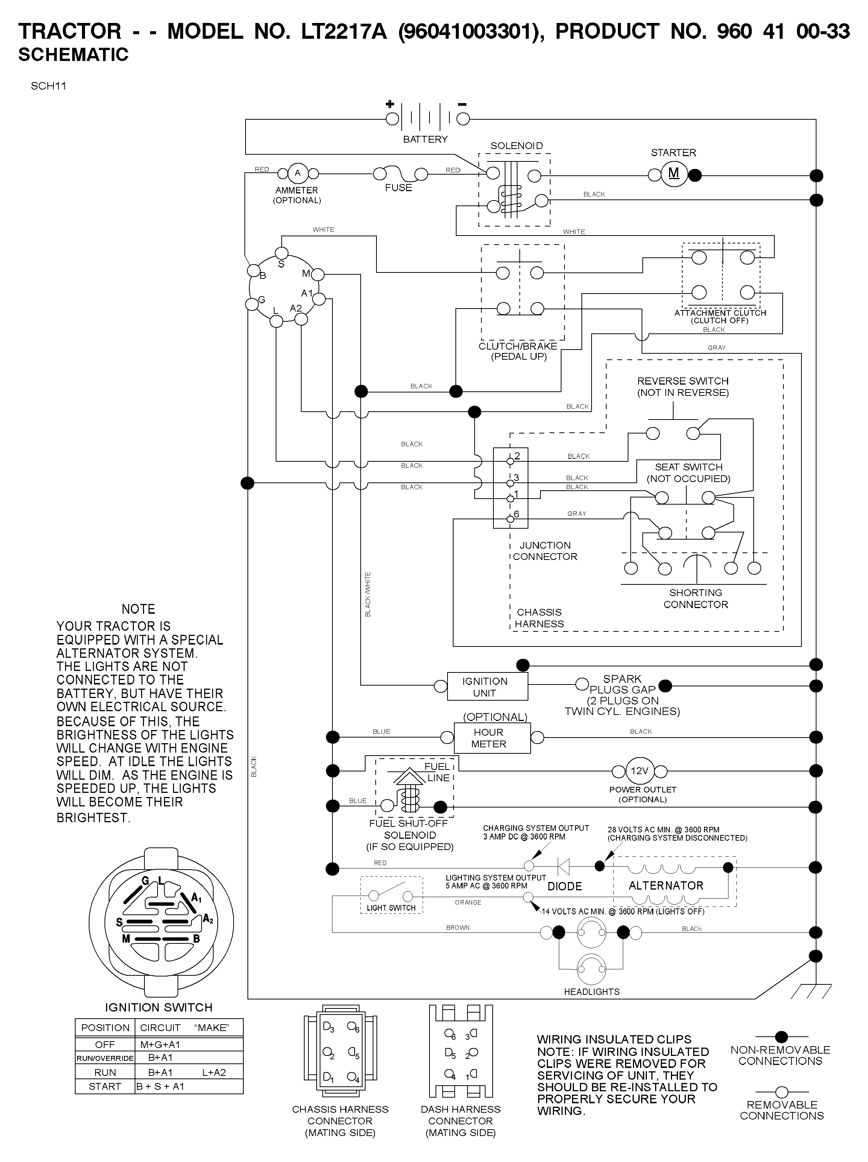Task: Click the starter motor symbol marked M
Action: (673, 174)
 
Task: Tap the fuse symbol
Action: (399, 174)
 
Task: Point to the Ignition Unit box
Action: (487, 686)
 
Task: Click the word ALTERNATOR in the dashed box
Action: (666, 886)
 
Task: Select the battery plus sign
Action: (390, 104)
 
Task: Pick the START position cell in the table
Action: (105, 1086)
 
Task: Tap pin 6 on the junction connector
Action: (510, 519)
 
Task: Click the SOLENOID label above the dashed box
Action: (516, 146)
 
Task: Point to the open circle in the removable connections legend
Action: (782, 1092)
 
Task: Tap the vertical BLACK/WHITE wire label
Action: (367, 594)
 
